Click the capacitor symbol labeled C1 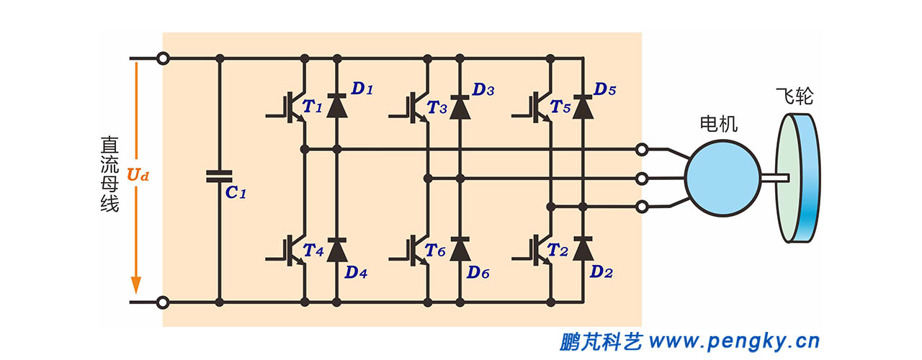[219, 176]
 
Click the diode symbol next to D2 [583, 249]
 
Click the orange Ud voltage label [138, 175]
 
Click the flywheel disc [799, 176]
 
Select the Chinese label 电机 [718, 124]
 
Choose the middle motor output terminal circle [642, 178]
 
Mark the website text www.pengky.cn [734, 341]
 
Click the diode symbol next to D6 [460, 249]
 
